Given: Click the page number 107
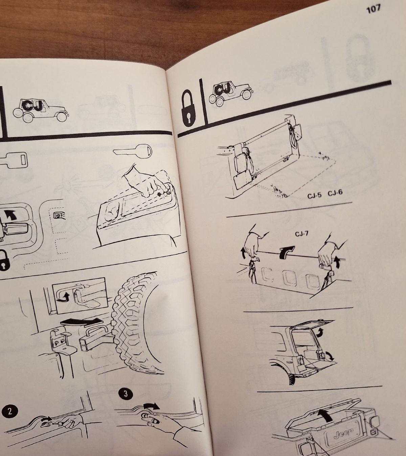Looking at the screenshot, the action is (373, 9).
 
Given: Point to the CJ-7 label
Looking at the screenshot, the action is (302, 234).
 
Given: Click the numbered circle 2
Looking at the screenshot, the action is (10, 411).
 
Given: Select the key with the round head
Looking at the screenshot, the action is (133, 150).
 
